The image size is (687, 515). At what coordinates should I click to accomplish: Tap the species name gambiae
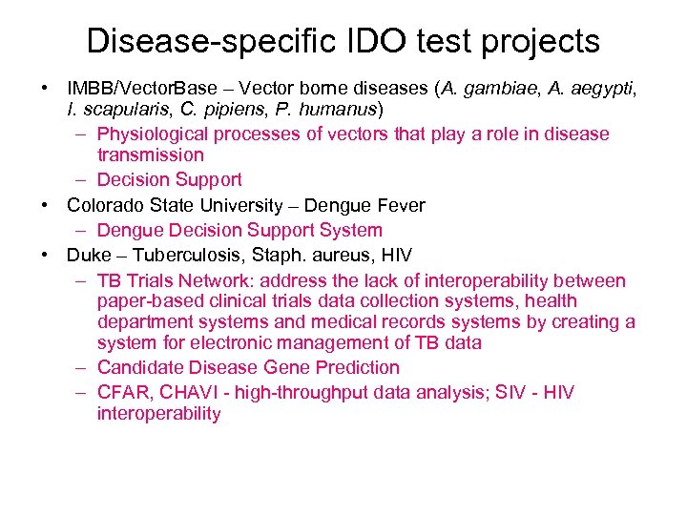pyautogui.click(x=494, y=89)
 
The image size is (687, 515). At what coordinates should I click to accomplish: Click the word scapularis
pyautogui.click(x=122, y=109)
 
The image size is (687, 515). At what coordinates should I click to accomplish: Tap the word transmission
pyautogui.click(x=150, y=154)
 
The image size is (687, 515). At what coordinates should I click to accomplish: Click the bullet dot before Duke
pyautogui.click(x=45, y=255)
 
